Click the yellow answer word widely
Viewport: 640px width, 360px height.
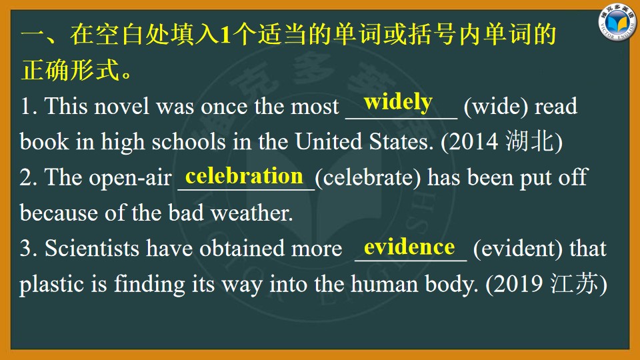click(x=398, y=102)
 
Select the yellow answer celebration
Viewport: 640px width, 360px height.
click(x=244, y=176)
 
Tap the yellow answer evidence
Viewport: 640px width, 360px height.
click(x=409, y=247)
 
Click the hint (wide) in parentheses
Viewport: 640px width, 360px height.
click(x=496, y=107)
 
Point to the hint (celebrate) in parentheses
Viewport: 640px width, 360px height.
click(x=368, y=177)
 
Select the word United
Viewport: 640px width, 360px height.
click(x=329, y=141)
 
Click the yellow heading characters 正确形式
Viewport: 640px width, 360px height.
click(x=70, y=70)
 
